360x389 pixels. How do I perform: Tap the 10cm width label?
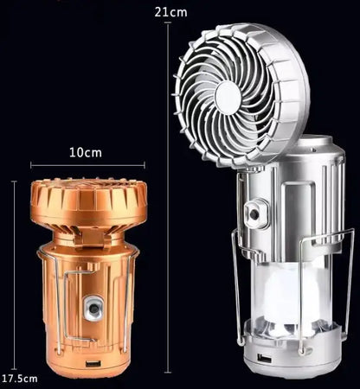86,152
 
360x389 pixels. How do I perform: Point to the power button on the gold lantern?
92,309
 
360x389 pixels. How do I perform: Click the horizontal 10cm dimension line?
87,165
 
